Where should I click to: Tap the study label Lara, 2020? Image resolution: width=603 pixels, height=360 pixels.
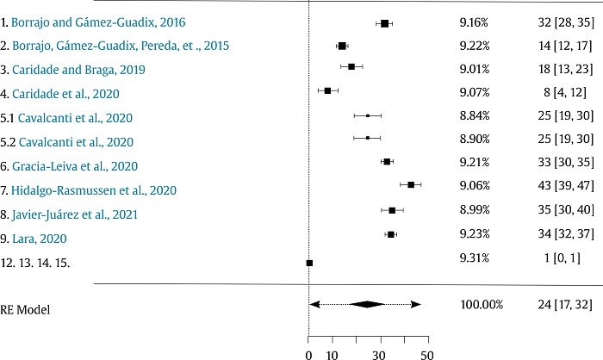coord(44,237)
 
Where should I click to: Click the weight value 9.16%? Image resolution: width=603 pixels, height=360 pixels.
coord(474,22)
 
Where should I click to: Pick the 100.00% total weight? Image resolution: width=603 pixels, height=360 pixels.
coord(481,304)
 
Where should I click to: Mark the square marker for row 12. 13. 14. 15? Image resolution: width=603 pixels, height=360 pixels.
coord(310,263)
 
